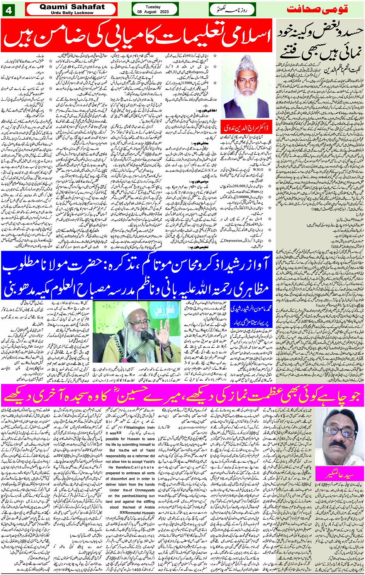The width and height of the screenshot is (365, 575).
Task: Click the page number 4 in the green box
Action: tap(9, 10)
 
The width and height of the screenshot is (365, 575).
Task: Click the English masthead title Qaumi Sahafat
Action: tap(72, 7)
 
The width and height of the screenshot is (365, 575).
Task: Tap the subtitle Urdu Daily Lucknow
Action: tap(72, 13)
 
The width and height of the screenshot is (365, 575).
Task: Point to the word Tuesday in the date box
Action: tap(153, 7)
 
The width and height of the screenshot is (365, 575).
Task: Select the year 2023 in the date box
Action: tap(164, 12)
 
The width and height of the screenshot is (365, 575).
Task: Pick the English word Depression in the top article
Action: tap(233, 240)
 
